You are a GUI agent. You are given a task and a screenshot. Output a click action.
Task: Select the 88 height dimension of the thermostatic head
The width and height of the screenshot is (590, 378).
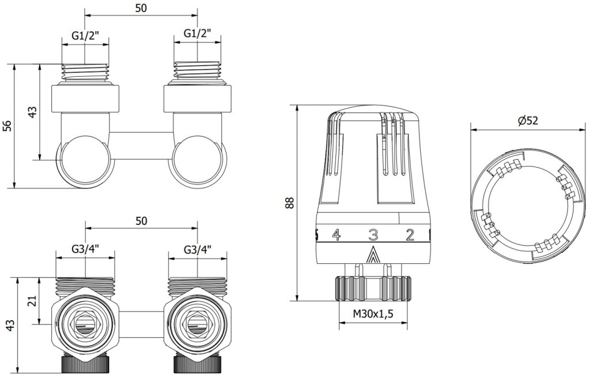click(290, 202)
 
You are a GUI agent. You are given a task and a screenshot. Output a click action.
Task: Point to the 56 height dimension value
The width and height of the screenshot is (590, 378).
click(7, 126)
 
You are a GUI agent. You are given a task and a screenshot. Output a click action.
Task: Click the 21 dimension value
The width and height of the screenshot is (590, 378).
click(32, 300)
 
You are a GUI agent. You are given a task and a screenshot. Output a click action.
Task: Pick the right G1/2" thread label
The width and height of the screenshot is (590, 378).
click(198, 35)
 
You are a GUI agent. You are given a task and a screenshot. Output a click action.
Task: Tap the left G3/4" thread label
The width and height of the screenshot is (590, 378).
click(86, 250)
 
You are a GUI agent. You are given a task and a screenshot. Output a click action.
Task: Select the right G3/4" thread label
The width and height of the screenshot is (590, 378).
click(198, 250)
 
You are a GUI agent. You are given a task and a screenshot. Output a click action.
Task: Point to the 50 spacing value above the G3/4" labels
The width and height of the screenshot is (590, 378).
click(142, 221)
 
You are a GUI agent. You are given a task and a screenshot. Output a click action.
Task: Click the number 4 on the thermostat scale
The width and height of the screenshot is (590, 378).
click(336, 234)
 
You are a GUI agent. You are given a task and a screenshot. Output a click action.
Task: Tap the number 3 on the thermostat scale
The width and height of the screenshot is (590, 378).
click(373, 235)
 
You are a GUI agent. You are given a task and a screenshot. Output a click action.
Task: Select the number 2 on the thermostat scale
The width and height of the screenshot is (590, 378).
click(410, 234)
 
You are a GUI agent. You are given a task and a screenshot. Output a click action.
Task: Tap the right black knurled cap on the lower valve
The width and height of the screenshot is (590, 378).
click(198, 364)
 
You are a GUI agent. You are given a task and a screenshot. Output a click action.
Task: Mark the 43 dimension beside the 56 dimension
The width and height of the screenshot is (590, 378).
click(32, 111)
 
